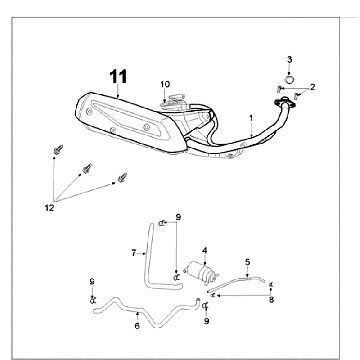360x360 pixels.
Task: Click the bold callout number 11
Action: point(118,77)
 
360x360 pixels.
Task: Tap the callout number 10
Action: point(165,84)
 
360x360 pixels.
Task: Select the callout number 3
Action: point(289,60)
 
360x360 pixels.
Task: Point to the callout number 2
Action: point(312,87)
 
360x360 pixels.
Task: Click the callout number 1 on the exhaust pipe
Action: point(251,118)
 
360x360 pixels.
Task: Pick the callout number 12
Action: point(49,208)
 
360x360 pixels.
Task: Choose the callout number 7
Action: point(134,253)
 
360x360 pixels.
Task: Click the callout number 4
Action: point(204,250)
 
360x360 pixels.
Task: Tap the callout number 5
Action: point(247,262)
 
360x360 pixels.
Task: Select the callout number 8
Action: point(271,300)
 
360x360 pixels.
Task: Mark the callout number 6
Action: point(137,326)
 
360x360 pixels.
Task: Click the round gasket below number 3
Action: point(290,80)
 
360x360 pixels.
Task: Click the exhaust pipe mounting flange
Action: point(285,103)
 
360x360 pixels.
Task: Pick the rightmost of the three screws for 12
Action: point(122,177)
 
